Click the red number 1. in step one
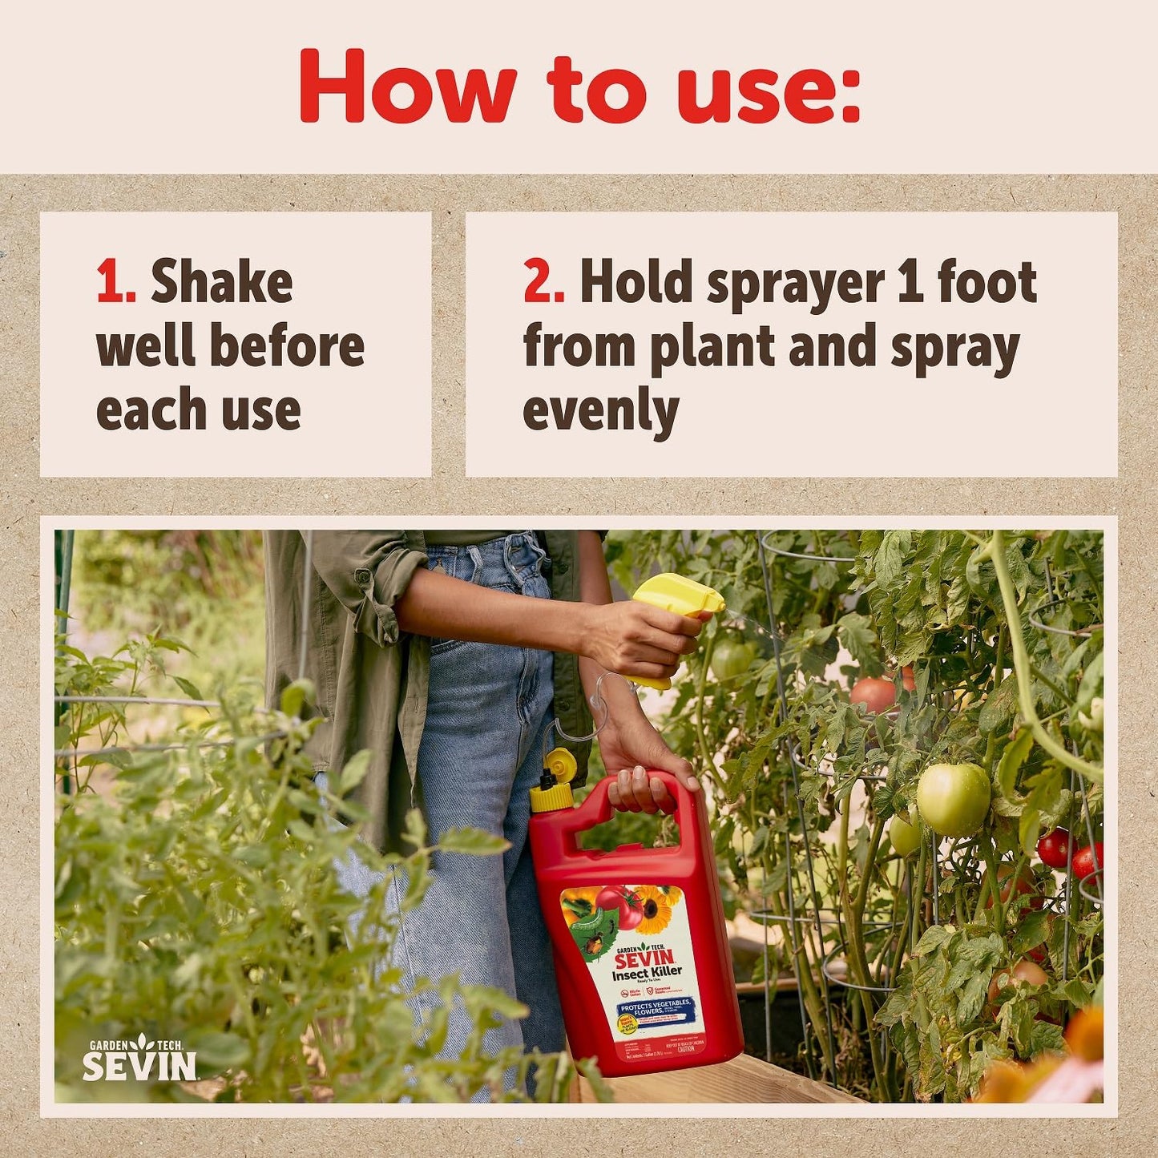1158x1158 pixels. (x=115, y=282)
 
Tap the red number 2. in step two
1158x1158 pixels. (x=544, y=282)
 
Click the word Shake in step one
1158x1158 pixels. (x=222, y=282)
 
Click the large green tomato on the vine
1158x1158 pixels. (x=953, y=798)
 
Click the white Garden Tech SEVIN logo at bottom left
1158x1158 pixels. (x=139, y=1059)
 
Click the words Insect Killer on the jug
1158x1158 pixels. (x=647, y=973)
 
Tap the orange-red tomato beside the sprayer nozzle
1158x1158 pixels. (x=874, y=693)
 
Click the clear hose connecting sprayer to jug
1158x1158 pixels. (x=593, y=713)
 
